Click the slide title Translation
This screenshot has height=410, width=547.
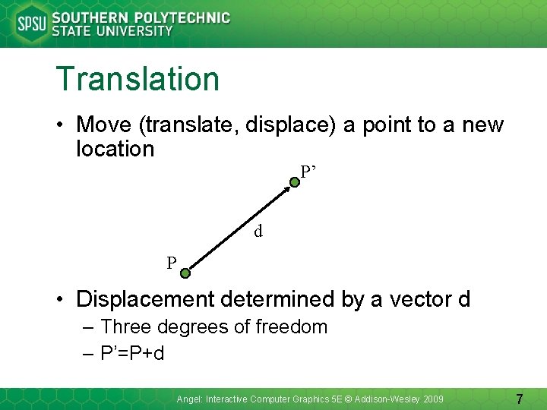(x=138, y=79)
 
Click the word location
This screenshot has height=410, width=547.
(x=115, y=149)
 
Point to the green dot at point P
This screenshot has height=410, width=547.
(x=185, y=270)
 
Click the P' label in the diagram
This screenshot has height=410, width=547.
(x=308, y=172)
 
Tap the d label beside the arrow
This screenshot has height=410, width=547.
(x=258, y=232)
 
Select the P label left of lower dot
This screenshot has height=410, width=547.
(x=172, y=263)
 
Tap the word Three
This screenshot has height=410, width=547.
(x=125, y=327)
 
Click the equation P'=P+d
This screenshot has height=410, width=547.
(x=132, y=353)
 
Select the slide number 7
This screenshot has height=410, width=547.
(x=520, y=399)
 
